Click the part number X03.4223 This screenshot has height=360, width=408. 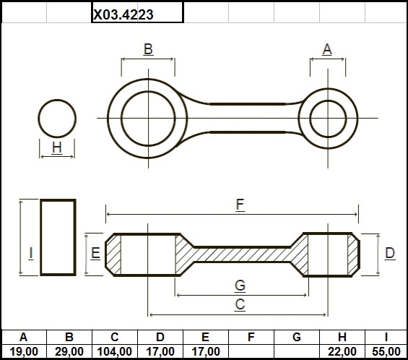click(x=123, y=14)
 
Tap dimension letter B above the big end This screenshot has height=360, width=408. click(x=148, y=48)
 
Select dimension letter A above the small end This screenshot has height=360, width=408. click(x=327, y=49)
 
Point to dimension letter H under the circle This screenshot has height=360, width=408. click(x=57, y=147)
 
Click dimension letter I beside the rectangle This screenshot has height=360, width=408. click(x=31, y=253)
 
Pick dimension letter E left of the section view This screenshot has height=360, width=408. click(x=95, y=253)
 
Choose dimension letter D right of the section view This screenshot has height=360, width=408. click(x=390, y=253)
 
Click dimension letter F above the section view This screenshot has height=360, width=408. click(x=240, y=205)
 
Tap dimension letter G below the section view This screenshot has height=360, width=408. click(x=240, y=286)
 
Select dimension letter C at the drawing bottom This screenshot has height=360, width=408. click(x=240, y=304)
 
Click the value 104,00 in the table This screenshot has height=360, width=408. click(x=115, y=351)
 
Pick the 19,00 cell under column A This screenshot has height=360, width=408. click(x=24, y=351)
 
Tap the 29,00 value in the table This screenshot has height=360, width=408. click(x=69, y=351)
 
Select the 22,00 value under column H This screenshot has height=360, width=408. click(x=342, y=351)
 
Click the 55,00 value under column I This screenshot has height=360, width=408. click(x=386, y=351)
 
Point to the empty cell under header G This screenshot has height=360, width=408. click(x=297, y=351)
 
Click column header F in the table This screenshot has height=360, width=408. click(x=251, y=337)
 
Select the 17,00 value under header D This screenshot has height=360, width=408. click(x=160, y=351)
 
